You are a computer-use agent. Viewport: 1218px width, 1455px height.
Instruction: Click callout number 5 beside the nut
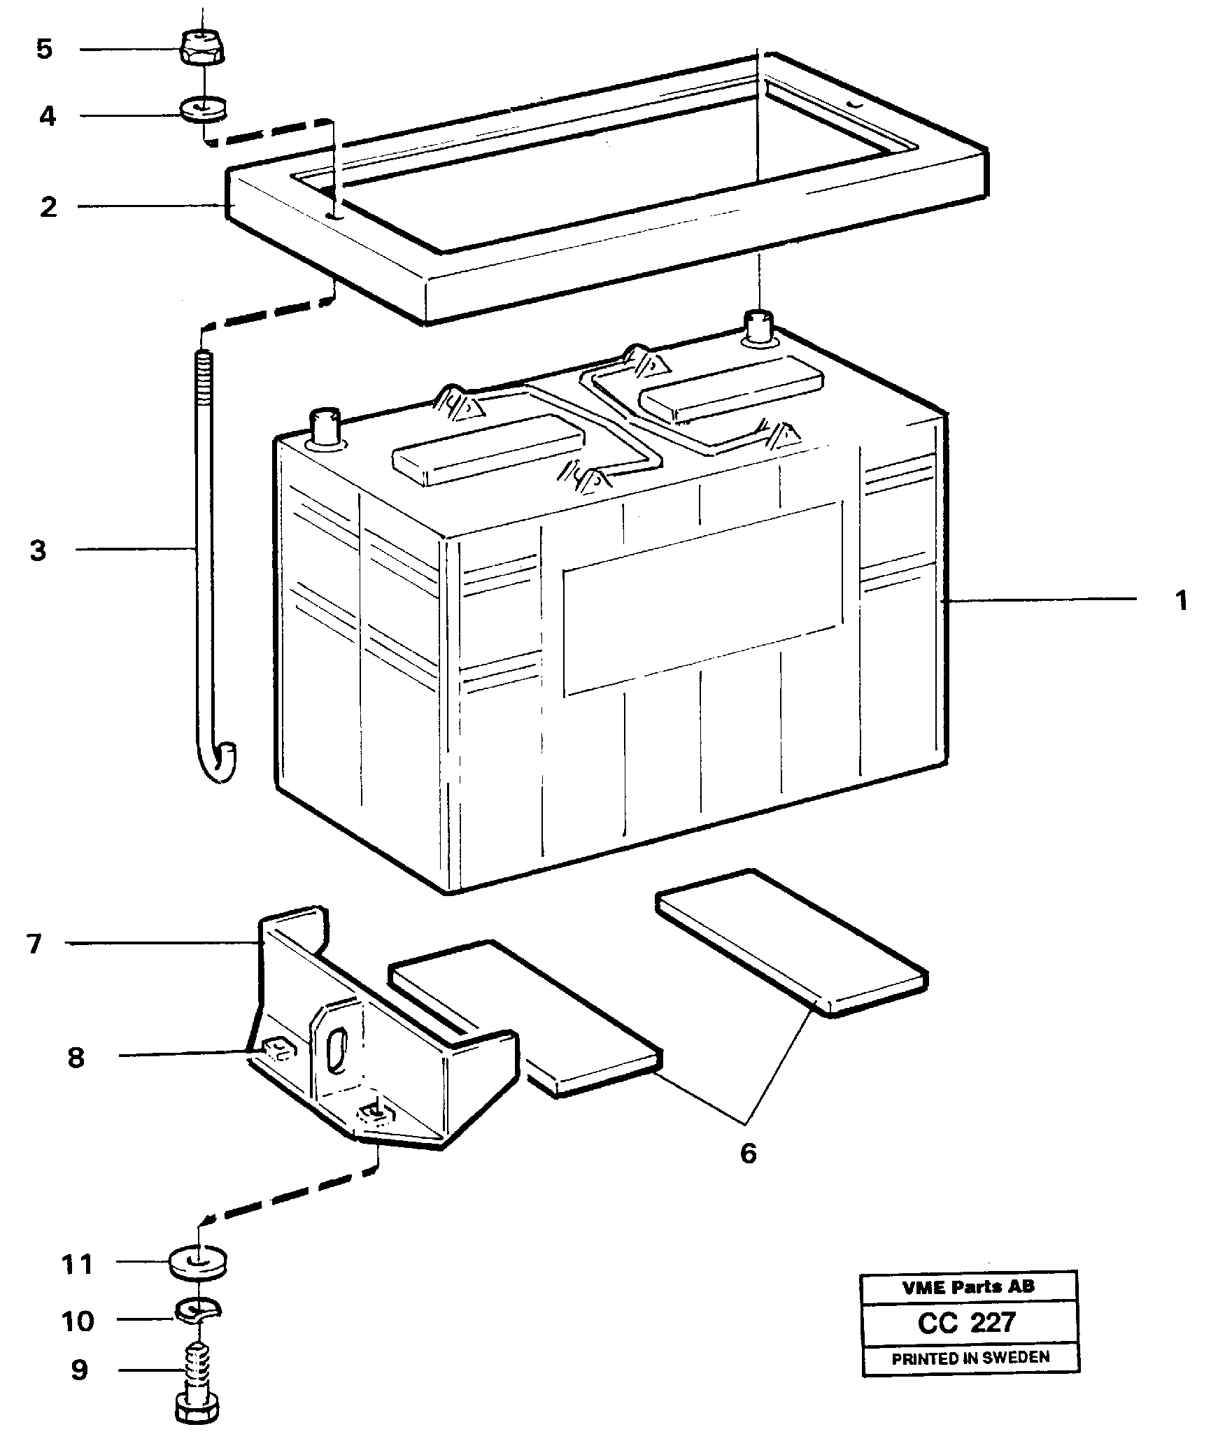(44, 50)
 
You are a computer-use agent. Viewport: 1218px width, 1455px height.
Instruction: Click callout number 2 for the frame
(48, 207)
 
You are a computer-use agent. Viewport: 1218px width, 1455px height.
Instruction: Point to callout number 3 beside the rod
(38, 551)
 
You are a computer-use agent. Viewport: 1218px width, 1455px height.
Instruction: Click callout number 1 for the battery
(1181, 601)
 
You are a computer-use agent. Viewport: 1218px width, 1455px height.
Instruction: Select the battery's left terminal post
(325, 427)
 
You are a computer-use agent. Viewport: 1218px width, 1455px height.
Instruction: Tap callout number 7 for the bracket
(34, 944)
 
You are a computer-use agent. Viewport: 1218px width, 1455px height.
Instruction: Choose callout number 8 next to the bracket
(76, 1058)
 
